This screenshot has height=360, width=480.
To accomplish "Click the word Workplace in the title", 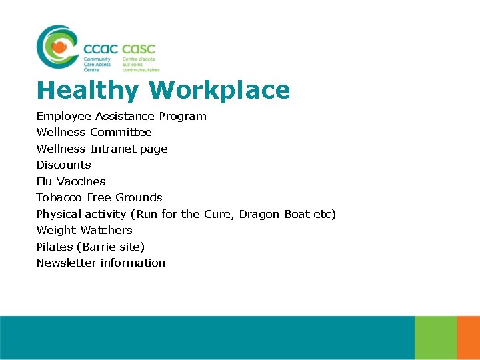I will pos(219,91).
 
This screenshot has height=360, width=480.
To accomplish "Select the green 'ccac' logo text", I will pos(101,49).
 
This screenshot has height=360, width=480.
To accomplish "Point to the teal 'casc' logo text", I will pos(139,49).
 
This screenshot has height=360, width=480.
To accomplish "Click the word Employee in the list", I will pos(64,117).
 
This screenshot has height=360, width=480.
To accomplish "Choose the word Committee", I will pos(121,133).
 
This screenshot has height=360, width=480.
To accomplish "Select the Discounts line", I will pos(63,165).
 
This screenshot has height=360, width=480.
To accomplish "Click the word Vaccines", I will pos(81,181).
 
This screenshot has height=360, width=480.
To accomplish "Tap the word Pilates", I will pos(55,247).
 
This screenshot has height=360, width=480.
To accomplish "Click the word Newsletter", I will pos(67,263).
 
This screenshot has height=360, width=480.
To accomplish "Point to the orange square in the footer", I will pos(468,338).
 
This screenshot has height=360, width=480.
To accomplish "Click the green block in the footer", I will pos(435,338).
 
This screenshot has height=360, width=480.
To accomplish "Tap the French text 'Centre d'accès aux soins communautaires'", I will pos(141,64).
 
